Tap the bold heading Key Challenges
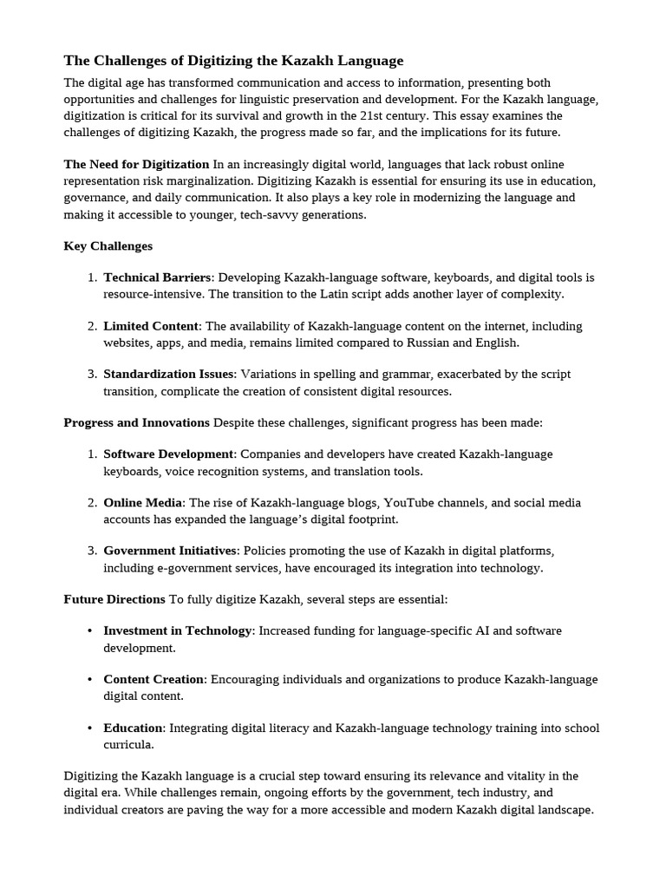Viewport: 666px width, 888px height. click(x=108, y=246)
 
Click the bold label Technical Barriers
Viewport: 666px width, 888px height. click(x=157, y=277)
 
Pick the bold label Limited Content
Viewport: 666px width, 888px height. click(x=152, y=326)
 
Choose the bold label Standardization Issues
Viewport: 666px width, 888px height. click(x=169, y=374)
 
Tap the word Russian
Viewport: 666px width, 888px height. click(x=450, y=343)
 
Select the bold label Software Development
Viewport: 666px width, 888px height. click(x=168, y=454)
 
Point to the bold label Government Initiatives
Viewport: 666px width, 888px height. click(x=170, y=551)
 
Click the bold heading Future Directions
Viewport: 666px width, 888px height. click(x=114, y=599)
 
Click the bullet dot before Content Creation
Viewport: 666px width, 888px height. click(x=90, y=680)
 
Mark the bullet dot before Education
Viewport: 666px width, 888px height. click(x=90, y=728)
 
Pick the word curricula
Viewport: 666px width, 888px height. click(x=128, y=745)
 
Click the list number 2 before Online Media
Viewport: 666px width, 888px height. click(x=92, y=503)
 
